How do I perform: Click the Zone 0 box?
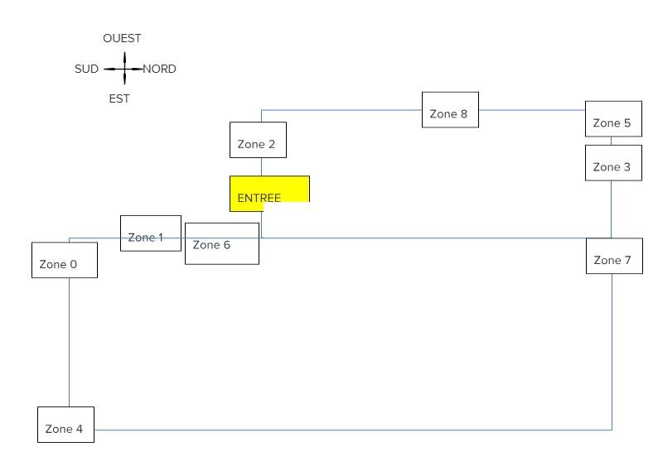(64, 260)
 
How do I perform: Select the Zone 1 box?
(151, 233)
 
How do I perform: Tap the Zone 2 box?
(258, 139)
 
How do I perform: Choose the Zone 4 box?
(65, 425)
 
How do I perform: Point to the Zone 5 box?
(612, 118)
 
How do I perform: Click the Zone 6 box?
(221, 243)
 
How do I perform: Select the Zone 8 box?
(450, 109)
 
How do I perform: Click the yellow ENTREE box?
(269, 193)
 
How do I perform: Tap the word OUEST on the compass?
(122, 38)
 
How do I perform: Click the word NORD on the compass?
(159, 70)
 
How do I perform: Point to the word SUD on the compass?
(86, 70)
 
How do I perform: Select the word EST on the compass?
(119, 98)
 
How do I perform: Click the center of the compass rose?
(123, 69)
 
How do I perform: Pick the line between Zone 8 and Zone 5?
(530, 110)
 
